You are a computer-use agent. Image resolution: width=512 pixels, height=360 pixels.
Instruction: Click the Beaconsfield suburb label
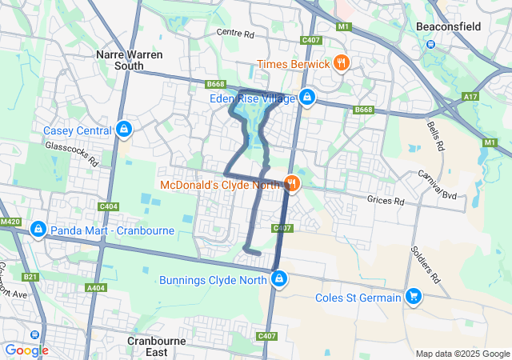pyautogui.click(x=448, y=26)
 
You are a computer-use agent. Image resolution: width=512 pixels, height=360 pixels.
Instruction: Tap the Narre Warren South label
pyautogui.click(x=129, y=61)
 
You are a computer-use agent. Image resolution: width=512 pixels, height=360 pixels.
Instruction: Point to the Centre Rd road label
pyautogui.click(x=235, y=34)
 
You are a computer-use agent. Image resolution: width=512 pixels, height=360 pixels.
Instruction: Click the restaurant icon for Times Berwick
pyautogui.click(x=342, y=63)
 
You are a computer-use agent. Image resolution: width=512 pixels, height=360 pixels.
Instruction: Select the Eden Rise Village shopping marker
pyautogui.click(x=306, y=98)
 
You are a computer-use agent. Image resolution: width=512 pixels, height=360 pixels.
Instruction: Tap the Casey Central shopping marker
pyautogui.click(x=123, y=130)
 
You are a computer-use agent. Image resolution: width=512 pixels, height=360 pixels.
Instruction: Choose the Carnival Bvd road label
pyautogui.click(x=436, y=184)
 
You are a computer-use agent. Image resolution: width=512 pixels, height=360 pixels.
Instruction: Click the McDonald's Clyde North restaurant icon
pyautogui.click(x=292, y=184)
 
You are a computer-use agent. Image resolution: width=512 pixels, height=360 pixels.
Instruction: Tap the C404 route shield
pyautogui.click(x=110, y=206)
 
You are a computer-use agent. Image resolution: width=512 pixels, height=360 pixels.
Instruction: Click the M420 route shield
pyautogui.click(x=10, y=222)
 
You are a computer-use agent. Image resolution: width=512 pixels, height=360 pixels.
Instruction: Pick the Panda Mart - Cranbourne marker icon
pyautogui.click(x=37, y=230)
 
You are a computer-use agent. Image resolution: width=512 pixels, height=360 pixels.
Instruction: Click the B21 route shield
pyautogui.click(x=30, y=277)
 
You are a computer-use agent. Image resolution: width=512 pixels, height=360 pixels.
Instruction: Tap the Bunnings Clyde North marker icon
pyautogui.click(x=279, y=279)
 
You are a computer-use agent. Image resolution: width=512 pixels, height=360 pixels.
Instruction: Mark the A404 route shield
pyautogui.click(x=96, y=287)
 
